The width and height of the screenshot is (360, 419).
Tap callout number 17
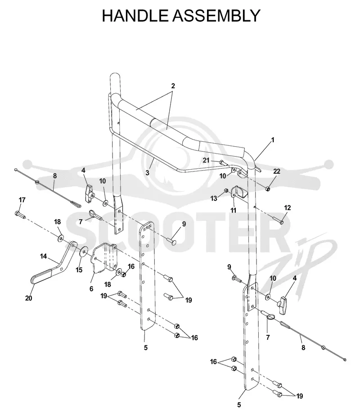click(22, 200)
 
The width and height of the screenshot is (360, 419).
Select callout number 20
click(29, 298)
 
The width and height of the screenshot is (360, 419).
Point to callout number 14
click(43, 256)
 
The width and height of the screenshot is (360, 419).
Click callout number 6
click(91, 288)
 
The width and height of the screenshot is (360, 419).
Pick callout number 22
click(277, 171)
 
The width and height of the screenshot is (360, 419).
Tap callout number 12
click(287, 207)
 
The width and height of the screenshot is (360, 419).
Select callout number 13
click(214, 198)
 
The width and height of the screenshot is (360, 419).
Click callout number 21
click(206, 160)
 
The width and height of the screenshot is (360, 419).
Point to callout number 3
click(147, 173)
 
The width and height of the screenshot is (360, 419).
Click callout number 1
click(273, 140)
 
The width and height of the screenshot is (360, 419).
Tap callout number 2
click(173, 86)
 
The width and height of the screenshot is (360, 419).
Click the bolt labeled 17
click(20, 214)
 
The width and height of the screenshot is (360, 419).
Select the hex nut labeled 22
click(268, 189)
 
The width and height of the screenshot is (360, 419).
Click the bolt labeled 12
click(279, 221)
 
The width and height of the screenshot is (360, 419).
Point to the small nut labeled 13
click(226, 190)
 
